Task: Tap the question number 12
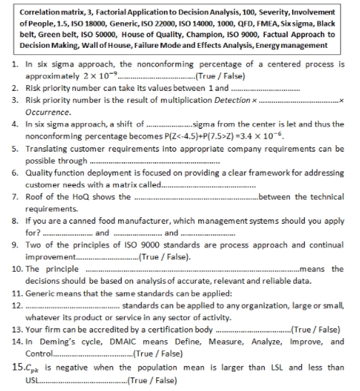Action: point(19,307)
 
